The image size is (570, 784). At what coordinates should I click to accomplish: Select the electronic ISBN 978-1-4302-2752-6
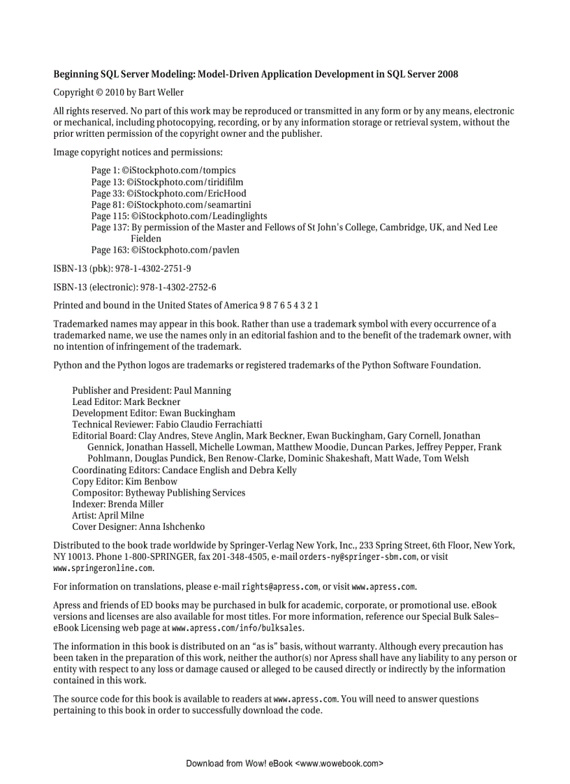click(178, 287)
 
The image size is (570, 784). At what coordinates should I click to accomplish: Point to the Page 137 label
click(110, 228)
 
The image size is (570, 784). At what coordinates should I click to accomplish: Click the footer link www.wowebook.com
click(339, 764)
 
